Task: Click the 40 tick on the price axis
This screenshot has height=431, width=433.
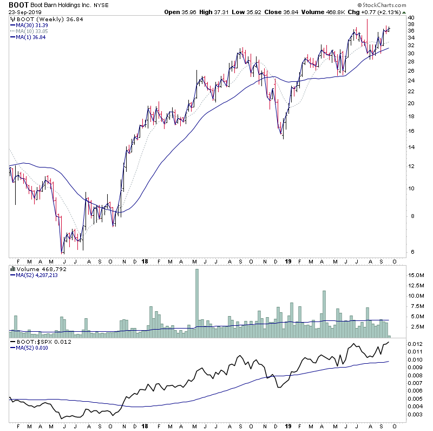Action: point(411,17)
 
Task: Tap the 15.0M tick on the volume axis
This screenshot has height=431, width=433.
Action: point(416,275)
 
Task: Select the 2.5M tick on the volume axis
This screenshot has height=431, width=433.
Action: point(416,327)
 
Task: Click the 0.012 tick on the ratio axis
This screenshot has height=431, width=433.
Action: point(416,344)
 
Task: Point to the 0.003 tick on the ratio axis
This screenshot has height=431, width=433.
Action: point(416,415)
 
